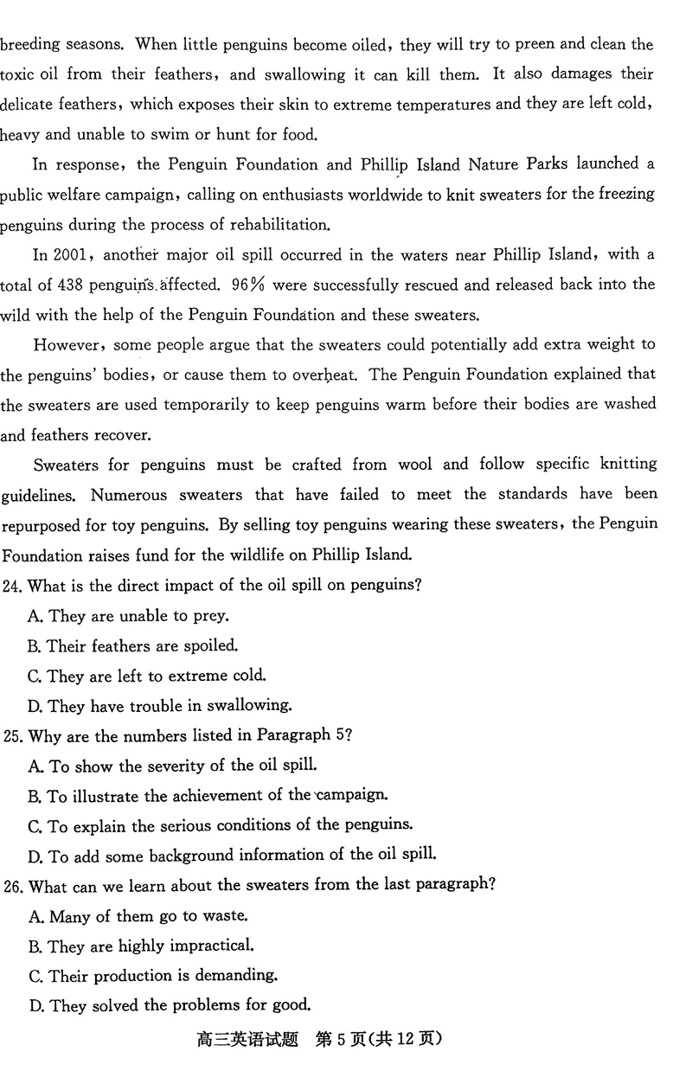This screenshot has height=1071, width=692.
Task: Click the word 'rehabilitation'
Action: (x=282, y=225)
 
